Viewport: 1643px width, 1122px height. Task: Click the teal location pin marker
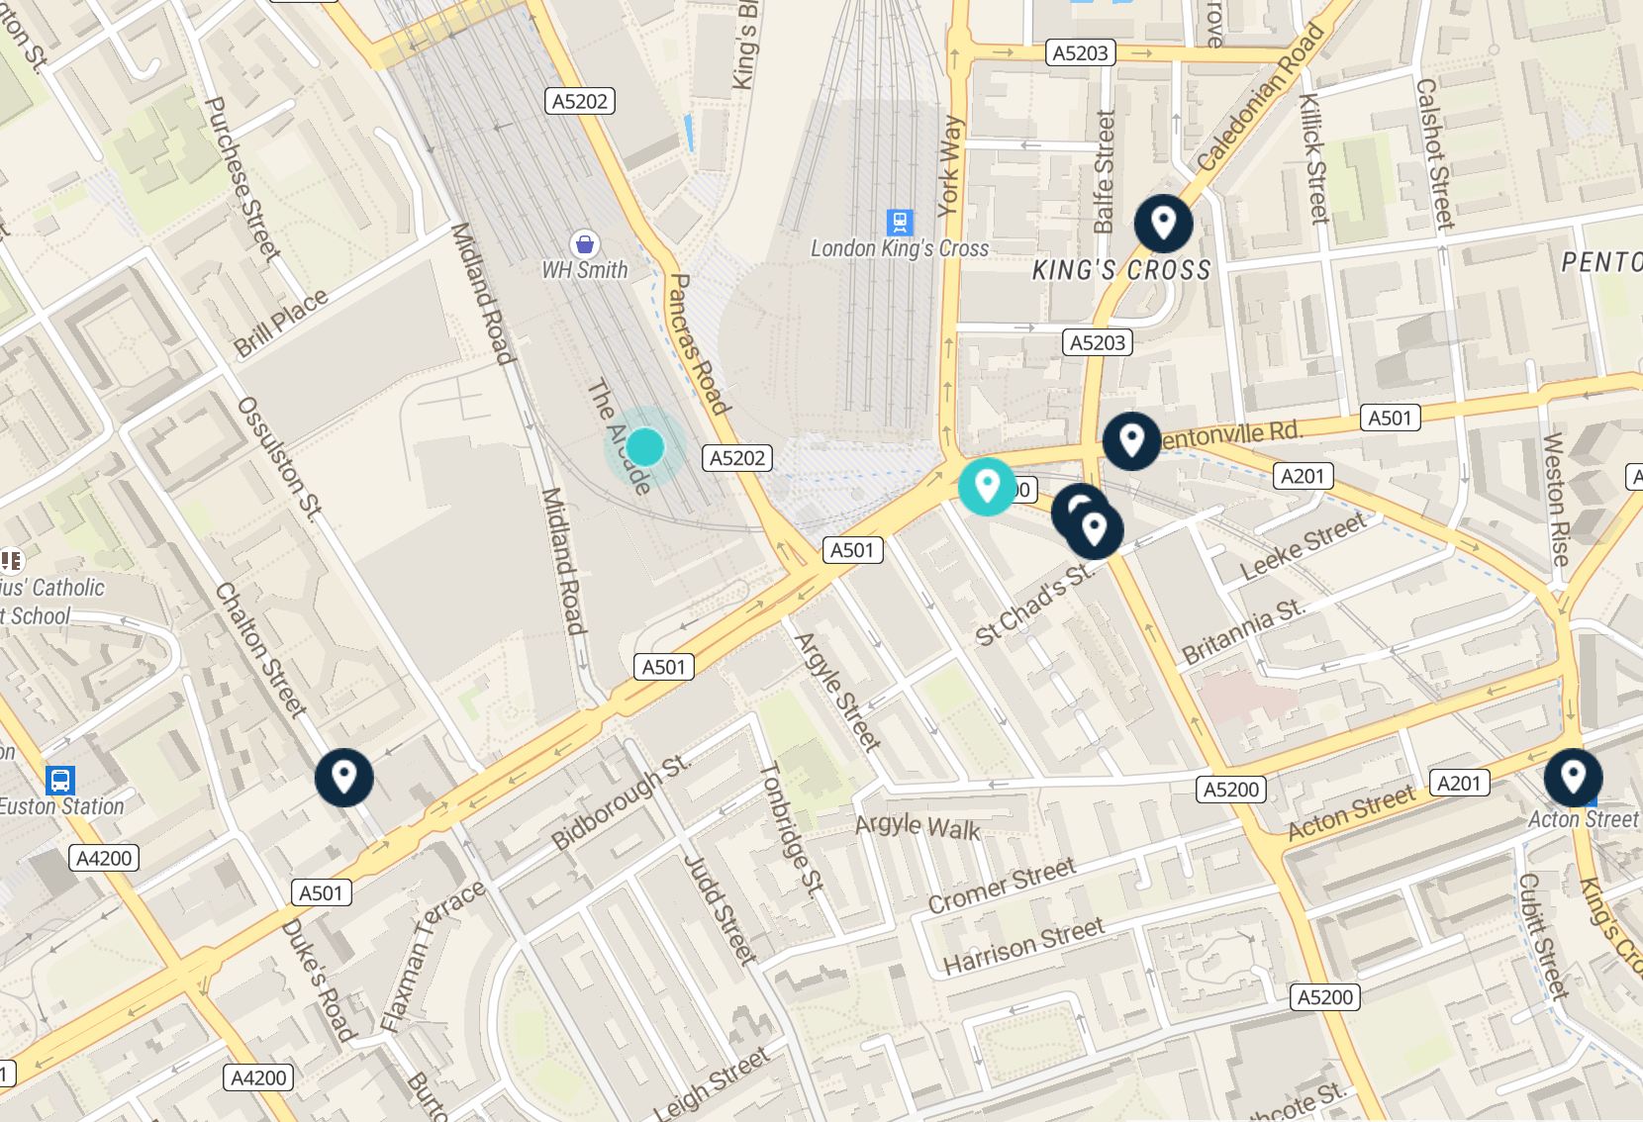click(987, 486)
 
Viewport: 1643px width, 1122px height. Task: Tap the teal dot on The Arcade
click(645, 447)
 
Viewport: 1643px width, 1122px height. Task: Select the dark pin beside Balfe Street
click(1163, 223)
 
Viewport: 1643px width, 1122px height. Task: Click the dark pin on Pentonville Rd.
click(1131, 440)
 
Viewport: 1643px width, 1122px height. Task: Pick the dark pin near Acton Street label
click(1572, 777)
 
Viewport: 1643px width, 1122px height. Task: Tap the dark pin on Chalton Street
click(343, 777)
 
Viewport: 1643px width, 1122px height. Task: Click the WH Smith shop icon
click(585, 243)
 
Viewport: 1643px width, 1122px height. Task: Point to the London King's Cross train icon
click(899, 222)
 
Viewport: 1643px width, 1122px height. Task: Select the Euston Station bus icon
click(60, 780)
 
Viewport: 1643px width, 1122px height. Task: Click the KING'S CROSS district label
click(1121, 270)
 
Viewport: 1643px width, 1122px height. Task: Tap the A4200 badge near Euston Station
click(104, 858)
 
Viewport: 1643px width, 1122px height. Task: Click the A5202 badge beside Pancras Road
click(737, 458)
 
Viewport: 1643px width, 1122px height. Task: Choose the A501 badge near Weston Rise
click(1390, 418)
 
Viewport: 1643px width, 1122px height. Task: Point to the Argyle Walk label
click(918, 826)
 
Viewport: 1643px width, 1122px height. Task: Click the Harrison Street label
click(1022, 946)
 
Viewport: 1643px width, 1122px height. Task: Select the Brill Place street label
click(281, 324)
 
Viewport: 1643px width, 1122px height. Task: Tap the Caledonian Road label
click(1259, 98)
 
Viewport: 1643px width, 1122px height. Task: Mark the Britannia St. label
click(1244, 632)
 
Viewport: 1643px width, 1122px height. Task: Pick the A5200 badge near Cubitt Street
click(1325, 997)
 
